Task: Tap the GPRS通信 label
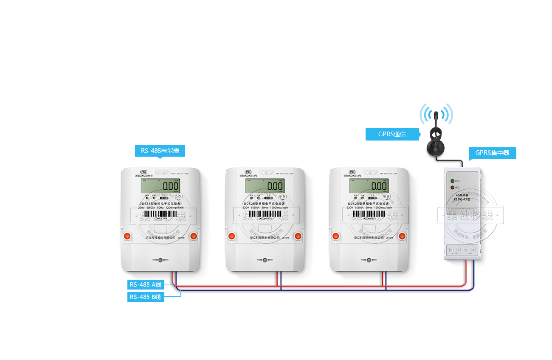point(393,134)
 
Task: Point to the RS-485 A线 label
point(146,285)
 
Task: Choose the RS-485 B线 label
point(145,297)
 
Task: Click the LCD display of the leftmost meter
point(161,186)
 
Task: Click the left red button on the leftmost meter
point(127,236)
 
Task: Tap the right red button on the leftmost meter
point(194,236)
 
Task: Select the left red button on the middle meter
point(231,236)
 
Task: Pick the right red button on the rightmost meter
point(402,236)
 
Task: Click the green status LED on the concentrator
point(453,181)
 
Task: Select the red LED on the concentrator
point(453,187)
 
